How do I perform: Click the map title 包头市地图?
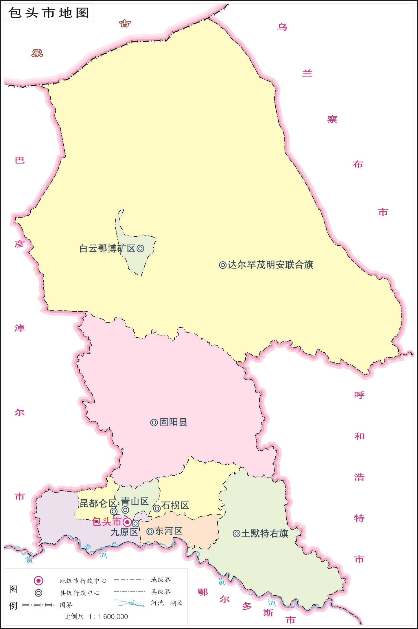click(49, 13)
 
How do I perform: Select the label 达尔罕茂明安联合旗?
click(270, 265)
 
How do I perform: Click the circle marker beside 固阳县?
click(154, 423)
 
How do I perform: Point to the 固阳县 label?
click(174, 422)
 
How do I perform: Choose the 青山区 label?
click(135, 501)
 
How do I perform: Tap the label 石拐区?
click(175, 505)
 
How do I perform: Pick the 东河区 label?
click(169, 531)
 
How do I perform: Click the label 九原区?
click(124, 532)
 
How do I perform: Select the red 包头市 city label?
click(106, 522)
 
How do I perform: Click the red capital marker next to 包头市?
click(127, 522)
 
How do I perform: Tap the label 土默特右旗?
click(265, 534)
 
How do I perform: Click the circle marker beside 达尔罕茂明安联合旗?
click(222, 265)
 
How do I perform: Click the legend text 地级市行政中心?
click(83, 581)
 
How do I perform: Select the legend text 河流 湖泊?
click(167, 603)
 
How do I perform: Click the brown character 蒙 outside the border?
click(37, 53)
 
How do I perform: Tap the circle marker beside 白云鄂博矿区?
click(141, 249)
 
